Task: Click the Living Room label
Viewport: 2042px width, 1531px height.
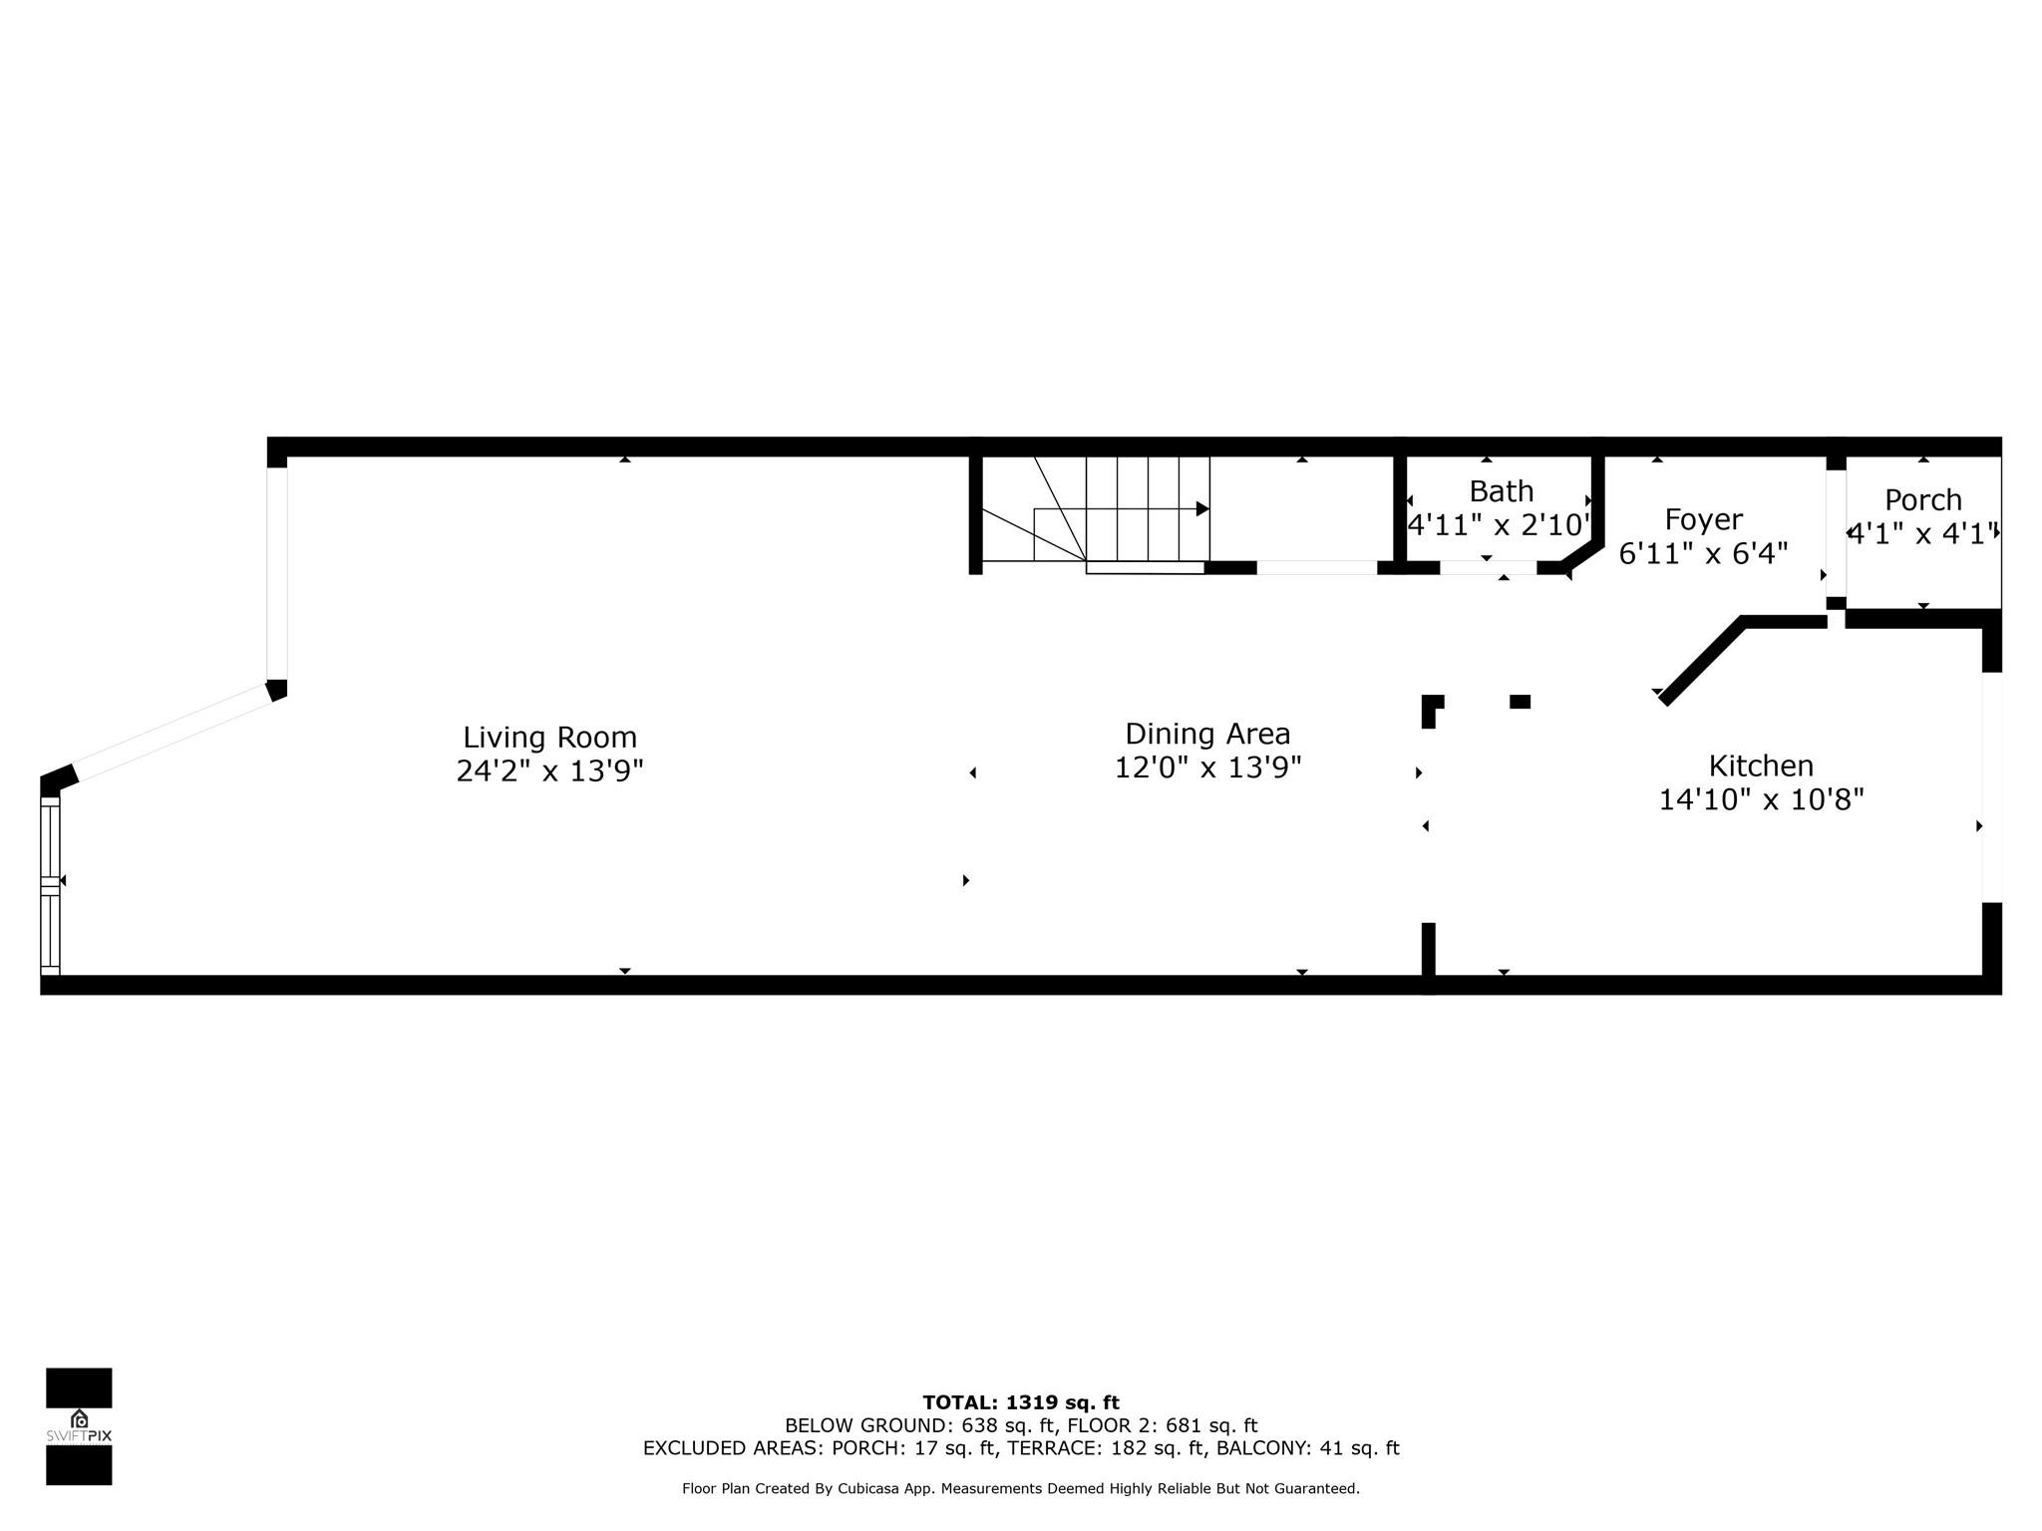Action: (x=549, y=738)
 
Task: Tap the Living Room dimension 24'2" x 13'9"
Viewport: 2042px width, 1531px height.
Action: (x=549, y=771)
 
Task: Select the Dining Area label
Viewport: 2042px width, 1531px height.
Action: (x=1207, y=735)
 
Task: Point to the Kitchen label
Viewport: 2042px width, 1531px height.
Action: (x=1761, y=765)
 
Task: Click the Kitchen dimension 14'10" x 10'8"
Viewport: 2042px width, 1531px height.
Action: (x=1761, y=799)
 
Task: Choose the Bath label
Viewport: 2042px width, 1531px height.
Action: (x=1502, y=491)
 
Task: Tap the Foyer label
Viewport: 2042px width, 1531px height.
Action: (x=1704, y=520)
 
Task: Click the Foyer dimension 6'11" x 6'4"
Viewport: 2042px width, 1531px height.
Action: (x=1704, y=554)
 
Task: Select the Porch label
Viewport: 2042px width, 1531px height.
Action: (x=1923, y=500)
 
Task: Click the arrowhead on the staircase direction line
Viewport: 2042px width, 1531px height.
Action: (x=1203, y=509)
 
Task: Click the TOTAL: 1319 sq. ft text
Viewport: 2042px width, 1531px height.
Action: (x=1021, y=1403)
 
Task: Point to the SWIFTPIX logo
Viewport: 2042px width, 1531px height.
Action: (x=79, y=1426)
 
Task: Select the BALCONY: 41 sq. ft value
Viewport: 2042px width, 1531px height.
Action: (x=1308, y=1448)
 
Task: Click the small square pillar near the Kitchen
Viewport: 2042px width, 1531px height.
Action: (x=1520, y=702)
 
